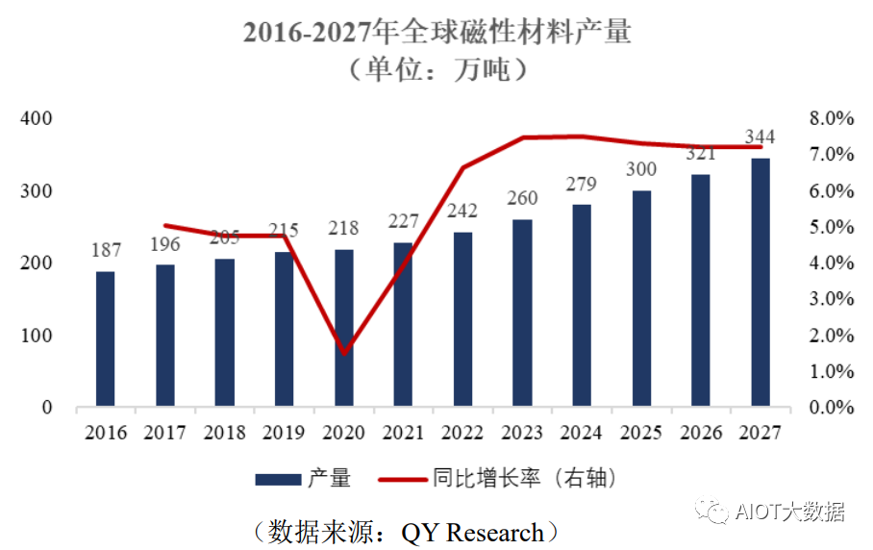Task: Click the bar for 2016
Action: [105, 339]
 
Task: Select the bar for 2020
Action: [344, 328]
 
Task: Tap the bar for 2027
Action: [761, 283]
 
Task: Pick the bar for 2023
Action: [522, 313]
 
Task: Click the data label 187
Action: [106, 251]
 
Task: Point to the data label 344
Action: [760, 137]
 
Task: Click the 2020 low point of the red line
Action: [344, 353]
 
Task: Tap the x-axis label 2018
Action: [225, 433]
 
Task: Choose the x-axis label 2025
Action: [640, 433]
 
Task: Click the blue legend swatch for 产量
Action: [279, 478]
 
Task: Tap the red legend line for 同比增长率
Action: [404, 478]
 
